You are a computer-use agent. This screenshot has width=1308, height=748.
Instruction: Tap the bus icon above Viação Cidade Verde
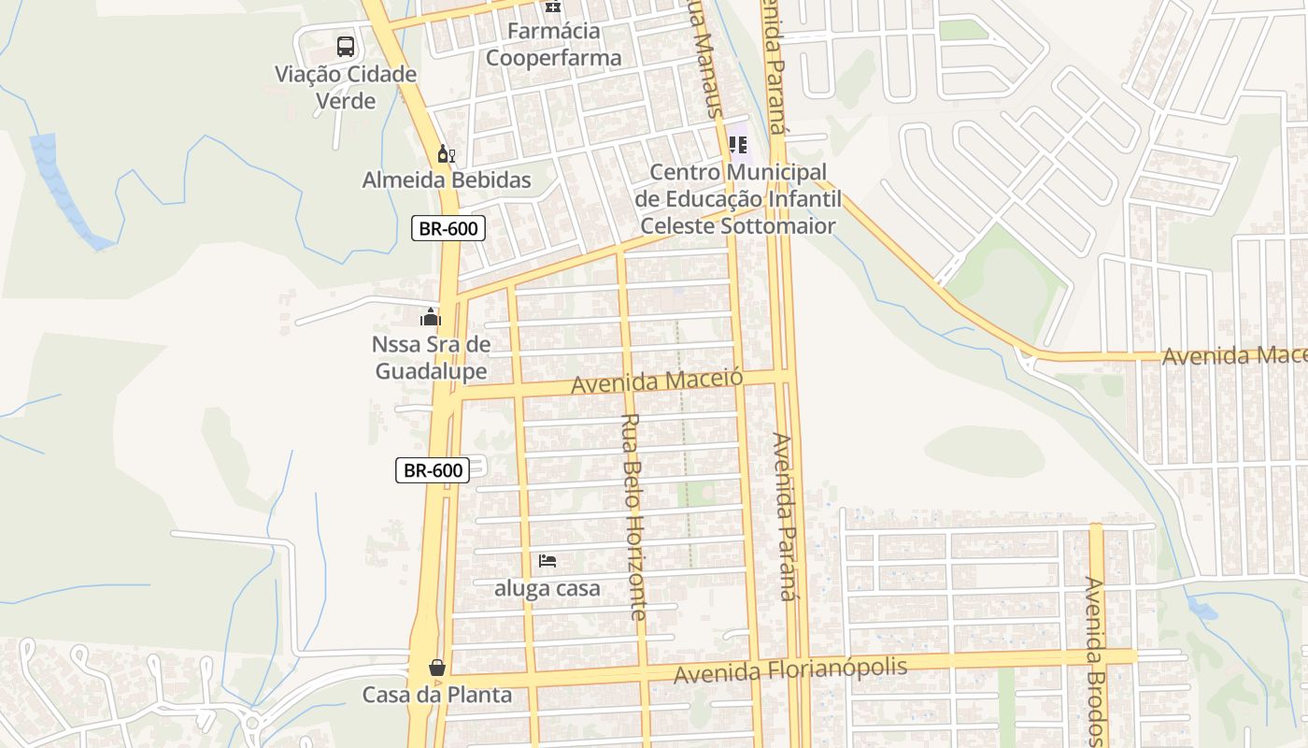tap(346, 46)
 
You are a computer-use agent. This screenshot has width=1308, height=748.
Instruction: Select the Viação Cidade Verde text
tap(346, 87)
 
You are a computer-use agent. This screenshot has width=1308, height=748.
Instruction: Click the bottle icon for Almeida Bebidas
tap(447, 153)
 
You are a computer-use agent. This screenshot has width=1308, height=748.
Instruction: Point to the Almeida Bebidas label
tap(447, 180)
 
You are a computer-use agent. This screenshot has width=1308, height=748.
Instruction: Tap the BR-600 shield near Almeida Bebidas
tap(448, 228)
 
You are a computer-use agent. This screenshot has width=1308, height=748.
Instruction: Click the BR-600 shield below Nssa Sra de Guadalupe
tap(433, 470)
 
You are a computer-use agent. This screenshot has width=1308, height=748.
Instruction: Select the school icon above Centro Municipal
tap(738, 145)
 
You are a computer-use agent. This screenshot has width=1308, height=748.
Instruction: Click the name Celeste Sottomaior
tap(738, 226)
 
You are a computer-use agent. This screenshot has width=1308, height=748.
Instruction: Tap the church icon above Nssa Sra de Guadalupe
tap(431, 317)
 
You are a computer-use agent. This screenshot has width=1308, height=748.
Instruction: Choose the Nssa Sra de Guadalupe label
tap(431, 358)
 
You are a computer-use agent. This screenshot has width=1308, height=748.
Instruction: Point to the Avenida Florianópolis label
tap(790, 670)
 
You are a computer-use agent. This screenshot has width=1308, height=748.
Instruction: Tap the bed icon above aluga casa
tap(547, 561)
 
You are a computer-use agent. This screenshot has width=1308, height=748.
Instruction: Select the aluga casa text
tap(547, 589)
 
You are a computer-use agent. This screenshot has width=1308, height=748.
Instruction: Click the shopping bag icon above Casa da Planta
tap(436, 668)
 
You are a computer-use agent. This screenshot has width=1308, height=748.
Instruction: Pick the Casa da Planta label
tap(437, 696)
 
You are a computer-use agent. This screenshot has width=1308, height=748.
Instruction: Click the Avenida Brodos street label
tap(1095, 660)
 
